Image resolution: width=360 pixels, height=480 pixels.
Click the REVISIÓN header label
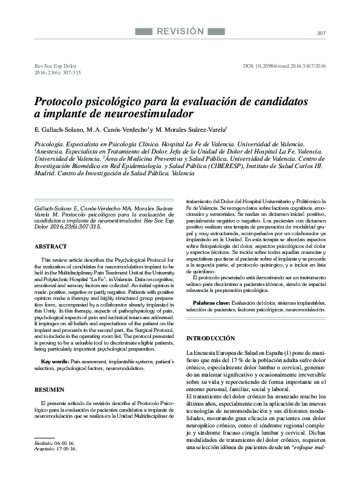[x=180, y=31]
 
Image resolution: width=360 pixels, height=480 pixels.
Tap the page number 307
[x=321, y=33]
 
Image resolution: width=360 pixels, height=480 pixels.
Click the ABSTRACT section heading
[x=51, y=247]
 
